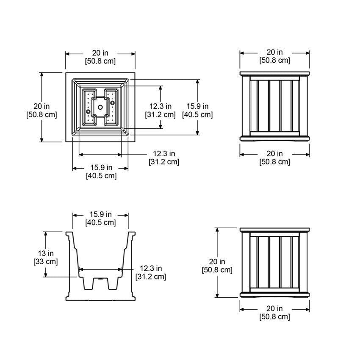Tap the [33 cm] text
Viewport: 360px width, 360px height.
(45, 261)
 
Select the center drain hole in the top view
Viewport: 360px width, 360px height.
(100, 107)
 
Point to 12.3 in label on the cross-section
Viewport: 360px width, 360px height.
(151, 269)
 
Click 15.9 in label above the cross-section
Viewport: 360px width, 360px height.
(100, 214)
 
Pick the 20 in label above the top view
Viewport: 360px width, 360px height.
(100, 53)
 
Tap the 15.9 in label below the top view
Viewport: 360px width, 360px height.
(101, 168)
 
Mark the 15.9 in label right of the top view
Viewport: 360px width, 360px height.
(197, 106)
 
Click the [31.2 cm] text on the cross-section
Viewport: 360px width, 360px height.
(151, 277)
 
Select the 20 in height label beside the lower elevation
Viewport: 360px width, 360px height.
(217, 261)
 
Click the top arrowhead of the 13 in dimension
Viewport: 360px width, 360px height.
(45, 233)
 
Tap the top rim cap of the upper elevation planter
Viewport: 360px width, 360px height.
(275, 74)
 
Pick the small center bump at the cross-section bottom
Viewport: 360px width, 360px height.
(100, 279)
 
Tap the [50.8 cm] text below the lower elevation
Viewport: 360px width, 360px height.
(275, 316)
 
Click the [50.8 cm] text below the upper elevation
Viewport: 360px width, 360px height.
(275, 161)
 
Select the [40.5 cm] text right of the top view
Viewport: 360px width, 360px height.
(197, 114)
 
